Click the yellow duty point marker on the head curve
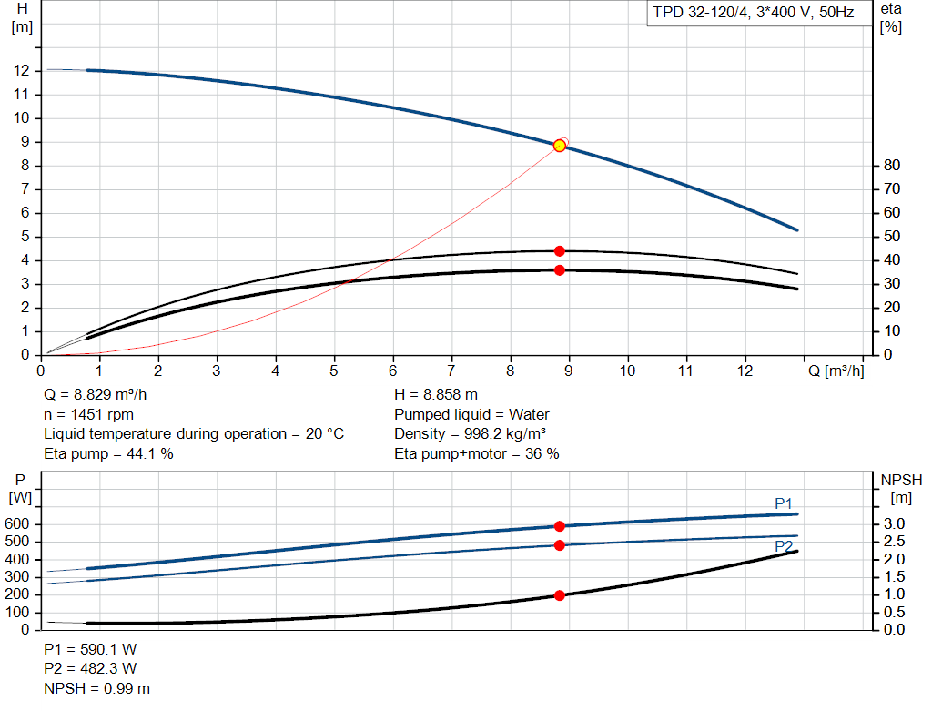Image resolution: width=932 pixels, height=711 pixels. tap(560, 146)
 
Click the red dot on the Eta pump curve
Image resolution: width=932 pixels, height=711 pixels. tap(560, 251)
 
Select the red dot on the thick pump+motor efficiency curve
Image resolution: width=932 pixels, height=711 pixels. tap(560, 269)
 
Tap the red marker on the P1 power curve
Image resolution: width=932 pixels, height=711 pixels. tap(560, 526)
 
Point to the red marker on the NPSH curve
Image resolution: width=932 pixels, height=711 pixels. tap(560, 595)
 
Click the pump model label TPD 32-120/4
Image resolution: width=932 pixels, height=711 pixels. tap(699, 14)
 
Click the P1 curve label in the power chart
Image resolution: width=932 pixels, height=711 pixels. tap(784, 503)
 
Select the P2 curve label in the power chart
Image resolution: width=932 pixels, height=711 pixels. tap(784, 545)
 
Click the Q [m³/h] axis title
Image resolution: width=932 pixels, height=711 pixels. tap(836, 371)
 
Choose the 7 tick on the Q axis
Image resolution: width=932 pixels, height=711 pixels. tap(451, 371)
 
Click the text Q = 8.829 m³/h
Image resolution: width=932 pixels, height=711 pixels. tap(96, 395)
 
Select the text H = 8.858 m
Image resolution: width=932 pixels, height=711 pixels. tap(436, 395)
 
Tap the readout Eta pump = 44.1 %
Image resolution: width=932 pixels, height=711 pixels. tap(108, 453)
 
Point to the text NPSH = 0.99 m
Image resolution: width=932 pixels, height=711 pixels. tap(97, 688)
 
